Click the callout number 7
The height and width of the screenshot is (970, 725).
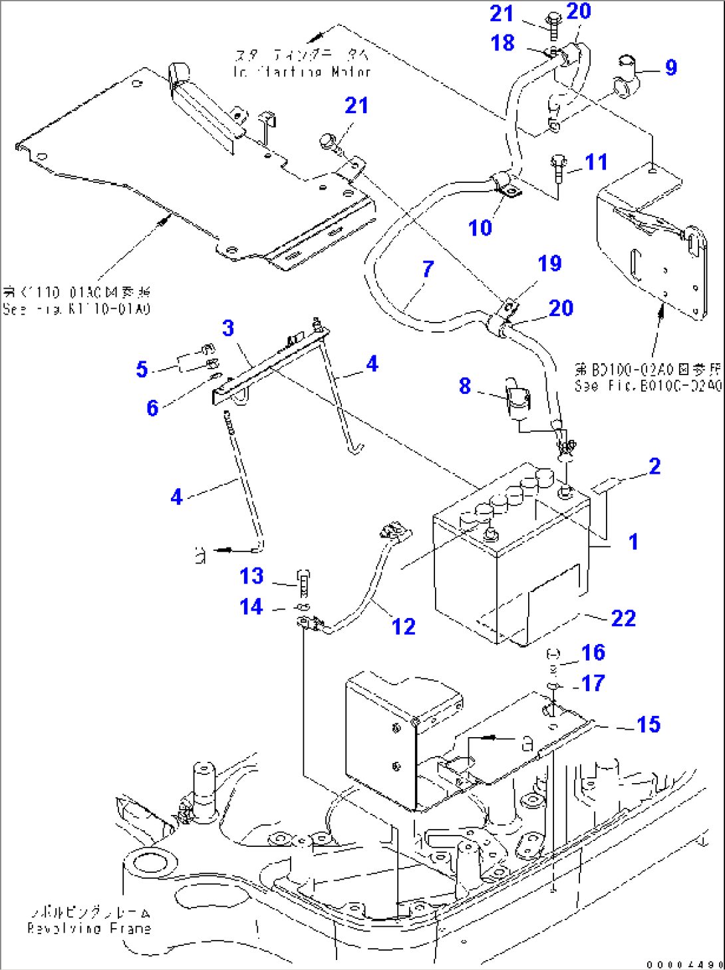click(x=428, y=269)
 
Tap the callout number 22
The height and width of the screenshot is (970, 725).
click(x=623, y=619)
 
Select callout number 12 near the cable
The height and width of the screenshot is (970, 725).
click(x=403, y=627)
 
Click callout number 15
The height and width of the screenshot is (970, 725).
click(x=648, y=725)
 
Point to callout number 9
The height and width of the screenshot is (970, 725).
click(x=670, y=67)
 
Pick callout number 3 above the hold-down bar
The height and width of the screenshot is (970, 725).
click(x=228, y=328)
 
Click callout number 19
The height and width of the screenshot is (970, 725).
click(x=549, y=263)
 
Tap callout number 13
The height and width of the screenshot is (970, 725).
click(x=251, y=576)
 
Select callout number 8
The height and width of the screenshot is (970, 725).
click(x=464, y=386)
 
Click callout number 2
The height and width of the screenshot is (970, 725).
click(x=654, y=466)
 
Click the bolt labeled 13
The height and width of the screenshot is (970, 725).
click(x=303, y=582)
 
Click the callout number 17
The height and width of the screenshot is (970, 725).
click(x=593, y=683)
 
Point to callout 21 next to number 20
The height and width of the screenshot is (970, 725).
click(x=502, y=13)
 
